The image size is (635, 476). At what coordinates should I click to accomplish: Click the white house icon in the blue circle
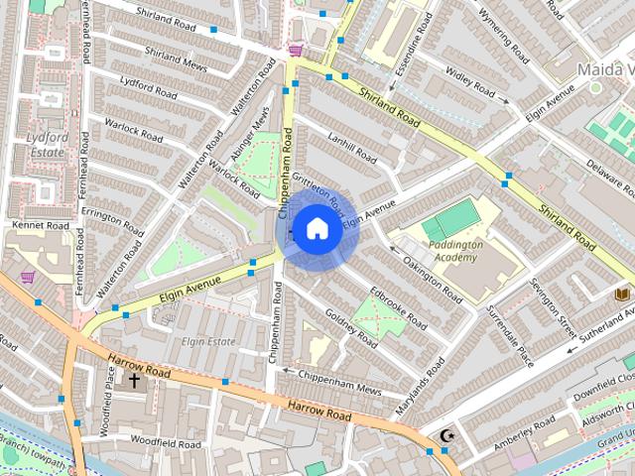316,229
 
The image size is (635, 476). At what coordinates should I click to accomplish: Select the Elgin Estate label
208,342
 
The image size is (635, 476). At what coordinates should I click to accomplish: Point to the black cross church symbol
134,380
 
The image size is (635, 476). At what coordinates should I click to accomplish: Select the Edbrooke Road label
398,308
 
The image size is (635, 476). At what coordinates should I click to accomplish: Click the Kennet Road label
41,226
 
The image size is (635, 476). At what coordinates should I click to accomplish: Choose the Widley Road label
469,82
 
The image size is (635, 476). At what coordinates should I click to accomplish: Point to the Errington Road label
113,204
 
